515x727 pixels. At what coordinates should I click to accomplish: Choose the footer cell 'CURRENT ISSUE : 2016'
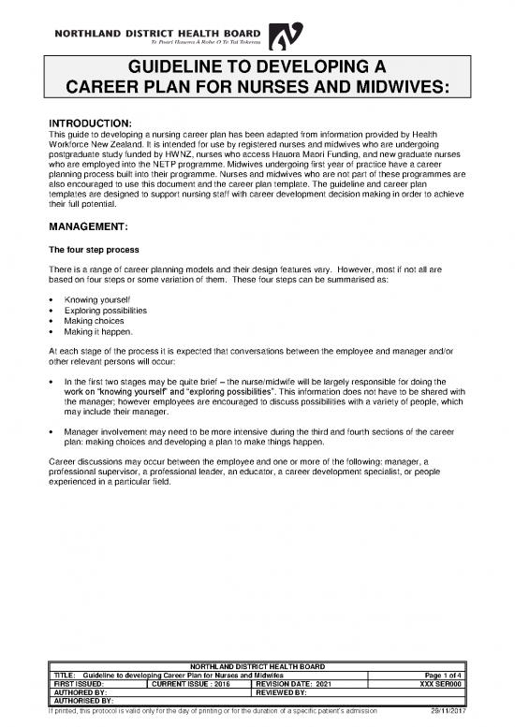point(188,684)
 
